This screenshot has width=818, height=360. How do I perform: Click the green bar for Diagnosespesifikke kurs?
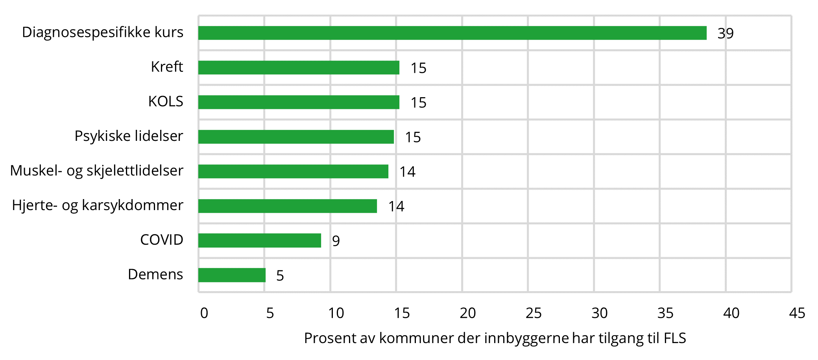pyautogui.click(x=452, y=33)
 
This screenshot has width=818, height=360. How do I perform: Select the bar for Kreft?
pyautogui.click(x=299, y=68)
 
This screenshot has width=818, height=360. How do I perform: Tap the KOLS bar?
pyautogui.click(x=299, y=102)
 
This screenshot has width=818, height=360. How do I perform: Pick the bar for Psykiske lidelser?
pyautogui.click(x=296, y=137)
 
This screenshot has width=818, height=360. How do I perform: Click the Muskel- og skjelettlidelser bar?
pyautogui.click(x=293, y=172)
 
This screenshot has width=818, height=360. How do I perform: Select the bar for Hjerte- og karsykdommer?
pyautogui.click(x=287, y=206)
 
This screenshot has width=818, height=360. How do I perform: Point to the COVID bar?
pyautogui.click(x=260, y=240)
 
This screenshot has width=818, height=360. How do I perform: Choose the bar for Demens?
pyautogui.click(x=232, y=275)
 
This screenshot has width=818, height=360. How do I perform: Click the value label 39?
pyautogui.click(x=726, y=33)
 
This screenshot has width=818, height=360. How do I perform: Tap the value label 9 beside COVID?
pyautogui.click(x=336, y=241)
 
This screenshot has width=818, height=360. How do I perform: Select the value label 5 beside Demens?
pyautogui.click(x=280, y=275)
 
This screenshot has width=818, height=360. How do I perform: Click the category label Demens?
pyautogui.click(x=155, y=274)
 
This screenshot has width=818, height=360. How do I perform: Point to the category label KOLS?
pyautogui.click(x=166, y=102)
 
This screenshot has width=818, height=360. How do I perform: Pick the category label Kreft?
pyautogui.click(x=167, y=67)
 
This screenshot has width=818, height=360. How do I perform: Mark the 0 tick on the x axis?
pyautogui.click(x=204, y=313)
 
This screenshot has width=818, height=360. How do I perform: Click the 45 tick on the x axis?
pyautogui.click(x=797, y=313)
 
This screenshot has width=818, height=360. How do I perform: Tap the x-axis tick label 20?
pyautogui.click(x=468, y=313)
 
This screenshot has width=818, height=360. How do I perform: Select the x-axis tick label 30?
pyautogui.click(x=600, y=313)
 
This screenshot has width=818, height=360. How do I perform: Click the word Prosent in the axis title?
pyautogui.click(x=329, y=338)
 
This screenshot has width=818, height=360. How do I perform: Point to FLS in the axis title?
pyautogui.click(x=675, y=338)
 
